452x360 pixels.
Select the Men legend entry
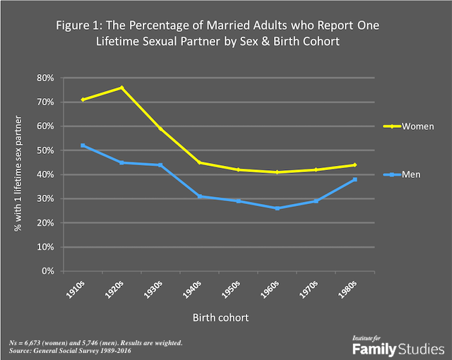pyautogui.click(x=412, y=174)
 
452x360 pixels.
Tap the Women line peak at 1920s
pyautogui.click(x=121, y=88)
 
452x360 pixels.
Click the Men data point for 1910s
pyautogui.click(x=83, y=145)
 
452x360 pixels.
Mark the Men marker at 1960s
pyautogui.click(x=277, y=208)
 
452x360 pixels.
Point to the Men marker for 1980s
pyautogui.click(x=355, y=179)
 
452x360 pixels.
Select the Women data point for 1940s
pyautogui.click(x=199, y=162)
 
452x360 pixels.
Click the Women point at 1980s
pyautogui.click(x=355, y=164)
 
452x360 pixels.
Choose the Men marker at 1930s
pyautogui.click(x=160, y=164)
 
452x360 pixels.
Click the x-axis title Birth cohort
pyautogui.click(x=219, y=317)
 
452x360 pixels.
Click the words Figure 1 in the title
pyautogui.click(x=77, y=25)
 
